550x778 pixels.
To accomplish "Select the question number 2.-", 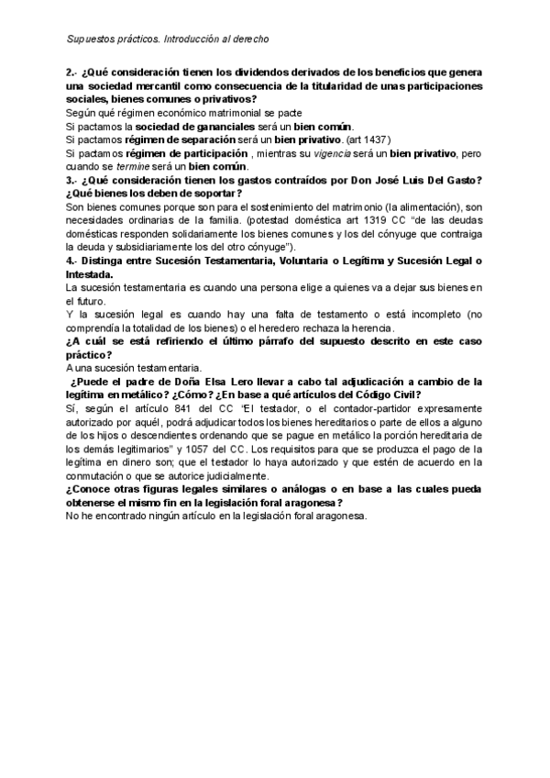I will [71, 72].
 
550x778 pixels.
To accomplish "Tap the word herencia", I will [375, 328].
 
